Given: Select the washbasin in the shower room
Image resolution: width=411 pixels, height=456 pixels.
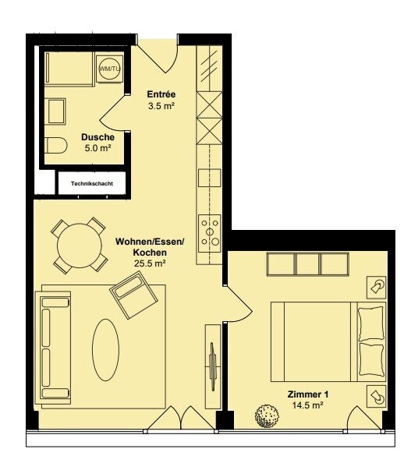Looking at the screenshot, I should coord(57,113).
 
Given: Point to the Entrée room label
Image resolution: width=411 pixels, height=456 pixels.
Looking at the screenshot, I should coord(161,94).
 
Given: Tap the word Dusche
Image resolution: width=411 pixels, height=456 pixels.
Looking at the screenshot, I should coord(97,137).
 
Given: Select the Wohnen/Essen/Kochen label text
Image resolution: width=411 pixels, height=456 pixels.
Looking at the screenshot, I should coord(149,247).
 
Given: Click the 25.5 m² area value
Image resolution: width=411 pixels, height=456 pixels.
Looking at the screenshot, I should coord(149,264).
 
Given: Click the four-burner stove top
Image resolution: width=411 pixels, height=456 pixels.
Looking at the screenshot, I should coord(210,231).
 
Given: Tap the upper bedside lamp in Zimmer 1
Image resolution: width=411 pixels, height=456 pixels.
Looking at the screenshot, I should coord(377,287).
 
